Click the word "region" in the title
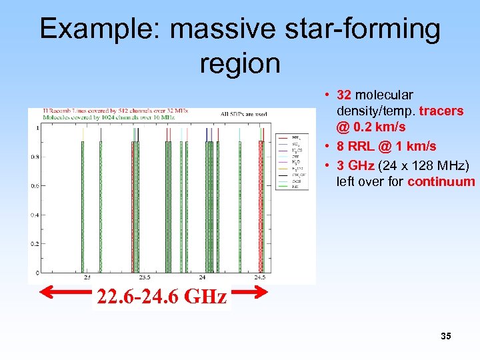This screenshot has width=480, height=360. tap(239, 63)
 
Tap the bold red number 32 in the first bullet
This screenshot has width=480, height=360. tap(344, 95)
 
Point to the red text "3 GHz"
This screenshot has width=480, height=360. tap(357, 165)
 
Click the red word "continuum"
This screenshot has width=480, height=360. tap(441, 181)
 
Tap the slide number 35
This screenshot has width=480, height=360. tap(445, 336)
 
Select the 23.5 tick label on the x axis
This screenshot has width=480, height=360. tap(144, 278)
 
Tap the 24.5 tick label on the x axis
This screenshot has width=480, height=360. tap(260, 278)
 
